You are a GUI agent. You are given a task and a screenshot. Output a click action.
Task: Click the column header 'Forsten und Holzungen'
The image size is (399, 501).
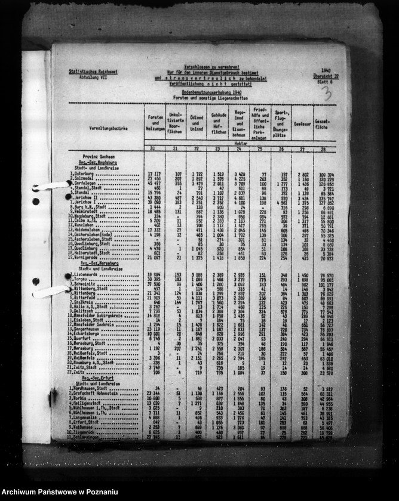point(155,120)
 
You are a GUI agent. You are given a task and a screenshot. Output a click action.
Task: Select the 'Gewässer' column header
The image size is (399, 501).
point(300,124)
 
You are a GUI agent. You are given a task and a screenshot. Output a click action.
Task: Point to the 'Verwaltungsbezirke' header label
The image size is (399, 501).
point(106,128)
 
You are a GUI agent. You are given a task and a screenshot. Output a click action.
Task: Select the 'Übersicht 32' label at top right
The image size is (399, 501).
point(326,77)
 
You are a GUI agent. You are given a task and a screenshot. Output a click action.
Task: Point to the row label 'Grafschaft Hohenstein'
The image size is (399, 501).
point(98,393)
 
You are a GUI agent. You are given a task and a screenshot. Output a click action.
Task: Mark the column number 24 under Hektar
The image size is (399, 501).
point(238,148)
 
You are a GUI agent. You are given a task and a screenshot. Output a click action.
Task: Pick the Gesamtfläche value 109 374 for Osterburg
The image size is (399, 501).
point(326,175)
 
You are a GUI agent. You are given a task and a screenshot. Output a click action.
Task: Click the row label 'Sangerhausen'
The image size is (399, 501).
point(88,328)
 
